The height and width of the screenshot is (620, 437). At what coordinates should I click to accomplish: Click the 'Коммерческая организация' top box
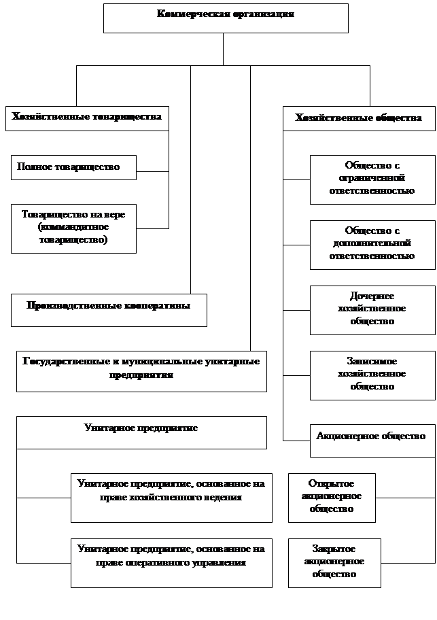click(226, 18)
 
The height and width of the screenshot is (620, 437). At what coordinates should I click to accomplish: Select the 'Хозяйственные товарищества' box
click(87, 118)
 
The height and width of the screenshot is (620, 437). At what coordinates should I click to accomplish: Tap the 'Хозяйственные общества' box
click(358, 118)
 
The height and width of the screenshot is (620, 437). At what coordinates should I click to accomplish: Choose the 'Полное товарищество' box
click(73, 167)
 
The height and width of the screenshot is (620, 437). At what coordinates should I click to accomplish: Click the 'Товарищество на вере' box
click(73, 228)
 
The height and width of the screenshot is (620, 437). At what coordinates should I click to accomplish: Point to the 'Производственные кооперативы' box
click(109, 310)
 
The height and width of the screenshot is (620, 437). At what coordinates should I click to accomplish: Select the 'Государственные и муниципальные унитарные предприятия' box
click(141, 371)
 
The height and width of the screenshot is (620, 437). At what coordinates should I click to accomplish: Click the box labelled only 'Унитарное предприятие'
click(141, 432)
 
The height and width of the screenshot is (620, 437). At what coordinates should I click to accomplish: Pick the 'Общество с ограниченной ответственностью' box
click(372, 179)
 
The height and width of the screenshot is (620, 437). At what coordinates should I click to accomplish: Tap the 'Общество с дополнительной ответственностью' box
click(372, 245)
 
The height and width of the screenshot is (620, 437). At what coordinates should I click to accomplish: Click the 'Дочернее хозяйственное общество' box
click(372, 310)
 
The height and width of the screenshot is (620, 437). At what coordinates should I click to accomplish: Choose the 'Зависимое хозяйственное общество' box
click(372, 375)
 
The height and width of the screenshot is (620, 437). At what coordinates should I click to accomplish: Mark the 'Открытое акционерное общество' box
click(332, 498)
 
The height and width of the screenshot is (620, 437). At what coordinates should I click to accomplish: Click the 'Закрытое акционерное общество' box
click(334, 563)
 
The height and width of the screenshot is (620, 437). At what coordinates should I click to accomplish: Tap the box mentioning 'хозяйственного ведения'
click(171, 498)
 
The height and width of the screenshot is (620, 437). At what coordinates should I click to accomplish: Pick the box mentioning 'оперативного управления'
click(171, 563)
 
